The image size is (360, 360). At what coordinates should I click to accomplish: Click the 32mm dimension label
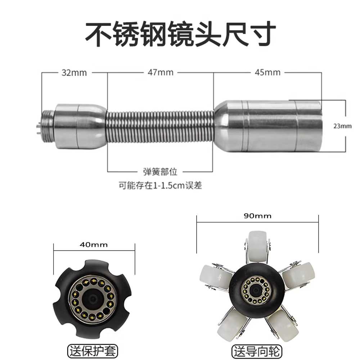[74, 73]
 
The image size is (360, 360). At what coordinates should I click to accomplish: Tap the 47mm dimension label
[161, 72]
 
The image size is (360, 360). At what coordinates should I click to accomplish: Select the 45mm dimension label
[267, 72]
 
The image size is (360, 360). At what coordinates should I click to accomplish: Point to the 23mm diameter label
[342, 126]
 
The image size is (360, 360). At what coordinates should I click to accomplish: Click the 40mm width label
[94, 245]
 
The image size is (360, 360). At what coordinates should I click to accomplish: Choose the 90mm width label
[257, 216]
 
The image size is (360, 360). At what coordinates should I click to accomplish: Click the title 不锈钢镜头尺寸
[180, 34]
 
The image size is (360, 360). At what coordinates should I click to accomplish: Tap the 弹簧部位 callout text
[160, 171]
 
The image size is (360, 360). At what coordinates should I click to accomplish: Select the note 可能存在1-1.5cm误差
[160, 185]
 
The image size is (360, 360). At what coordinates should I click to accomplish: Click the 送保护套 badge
[93, 351]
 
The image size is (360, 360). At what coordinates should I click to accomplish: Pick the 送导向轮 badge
[257, 351]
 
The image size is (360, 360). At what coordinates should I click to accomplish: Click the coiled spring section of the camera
[160, 127]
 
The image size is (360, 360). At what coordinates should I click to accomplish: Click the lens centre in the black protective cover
[93, 298]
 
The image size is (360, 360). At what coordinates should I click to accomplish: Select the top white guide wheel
[258, 246]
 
